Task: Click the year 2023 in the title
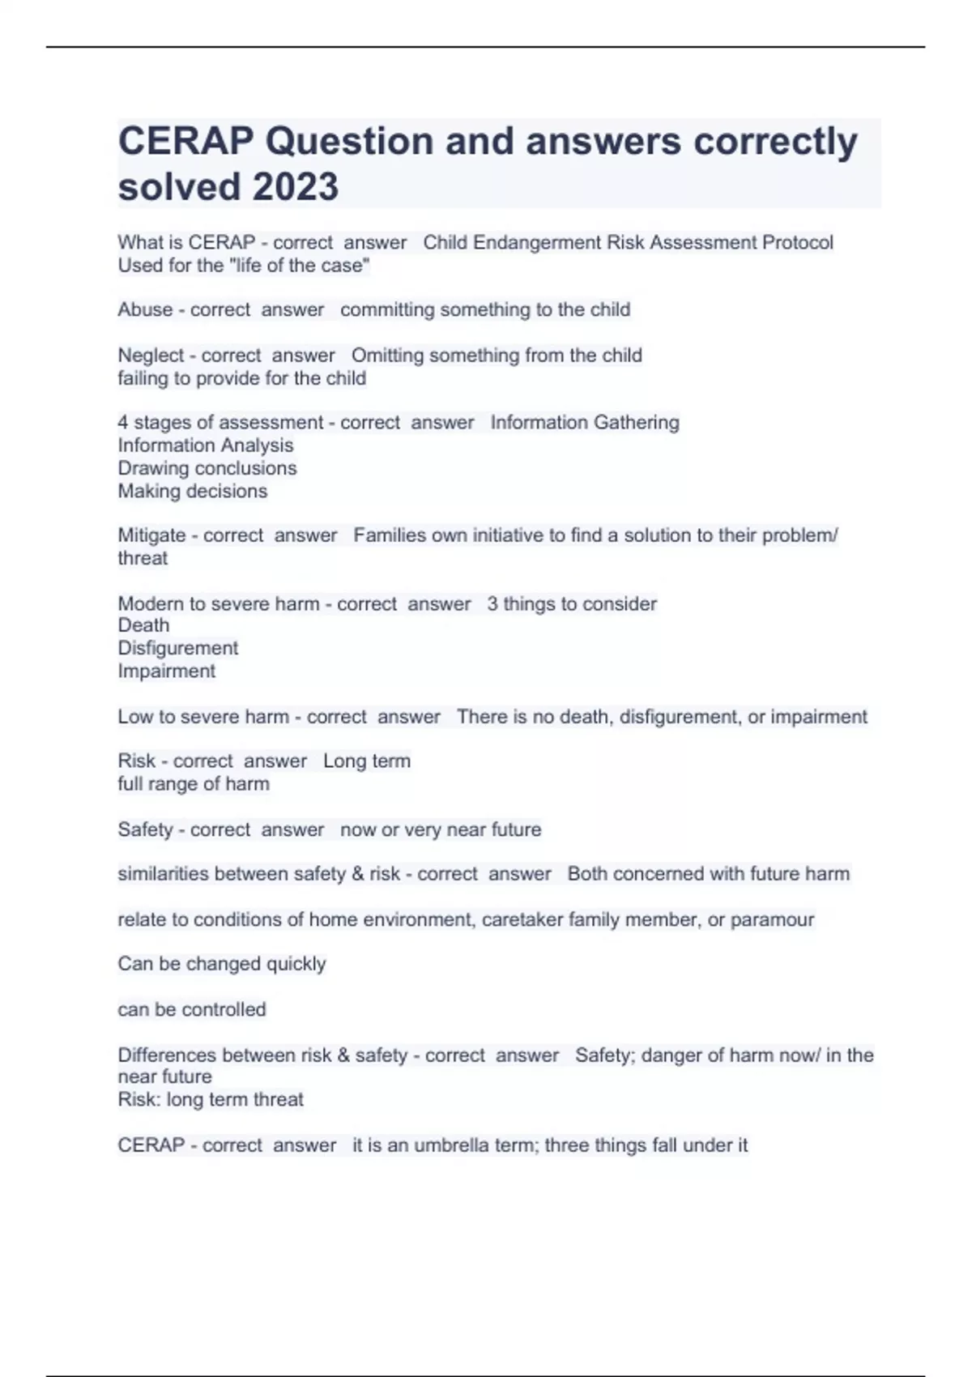click(x=296, y=187)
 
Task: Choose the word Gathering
click(x=636, y=423)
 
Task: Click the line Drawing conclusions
click(x=207, y=468)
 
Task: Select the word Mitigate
click(x=151, y=535)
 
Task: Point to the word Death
click(x=143, y=625)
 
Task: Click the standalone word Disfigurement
click(x=177, y=648)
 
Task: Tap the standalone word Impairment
click(x=166, y=671)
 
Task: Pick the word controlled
click(x=224, y=1010)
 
